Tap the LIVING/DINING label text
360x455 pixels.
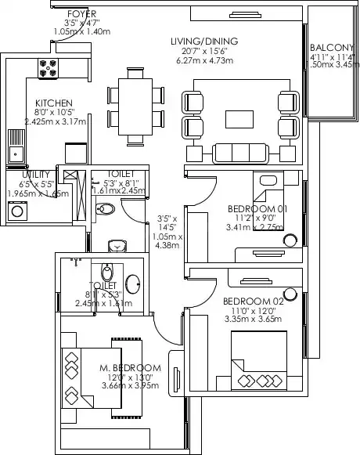pos(204,41)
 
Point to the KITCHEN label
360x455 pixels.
pos(54,103)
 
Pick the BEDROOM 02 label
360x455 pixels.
pos(251,301)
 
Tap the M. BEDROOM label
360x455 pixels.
pos(130,368)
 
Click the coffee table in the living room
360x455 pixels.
pos(240,118)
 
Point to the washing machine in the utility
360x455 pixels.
pos(16,210)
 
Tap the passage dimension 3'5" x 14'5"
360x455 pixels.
pos(167,223)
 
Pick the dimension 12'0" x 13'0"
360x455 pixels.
pos(131,377)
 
